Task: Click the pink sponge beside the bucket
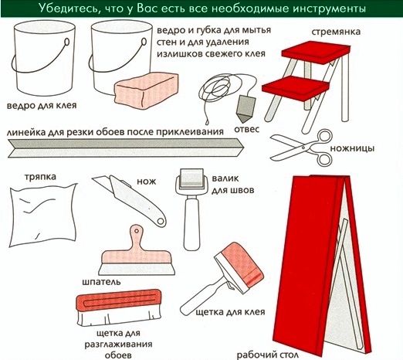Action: click(x=146, y=90)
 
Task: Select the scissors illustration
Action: click(x=302, y=148)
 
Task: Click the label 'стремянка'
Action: click(x=336, y=32)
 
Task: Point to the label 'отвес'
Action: click(x=246, y=129)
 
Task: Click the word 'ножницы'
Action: click(x=352, y=148)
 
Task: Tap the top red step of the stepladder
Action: click(x=316, y=53)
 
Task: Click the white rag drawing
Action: click(x=43, y=215)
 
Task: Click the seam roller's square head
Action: click(x=191, y=178)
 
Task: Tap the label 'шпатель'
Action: click(x=101, y=282)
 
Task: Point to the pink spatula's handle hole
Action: click(x=137, y=230)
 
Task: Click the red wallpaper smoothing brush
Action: click(x=119, y=307)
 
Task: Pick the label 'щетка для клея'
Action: click(x=231, y=312)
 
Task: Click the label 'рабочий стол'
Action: click(x=268, y=355)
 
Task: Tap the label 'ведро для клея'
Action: click(x=42, y=105)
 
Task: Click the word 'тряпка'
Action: click(x=40, y=177)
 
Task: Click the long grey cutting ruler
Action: click(x=126, y=148)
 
